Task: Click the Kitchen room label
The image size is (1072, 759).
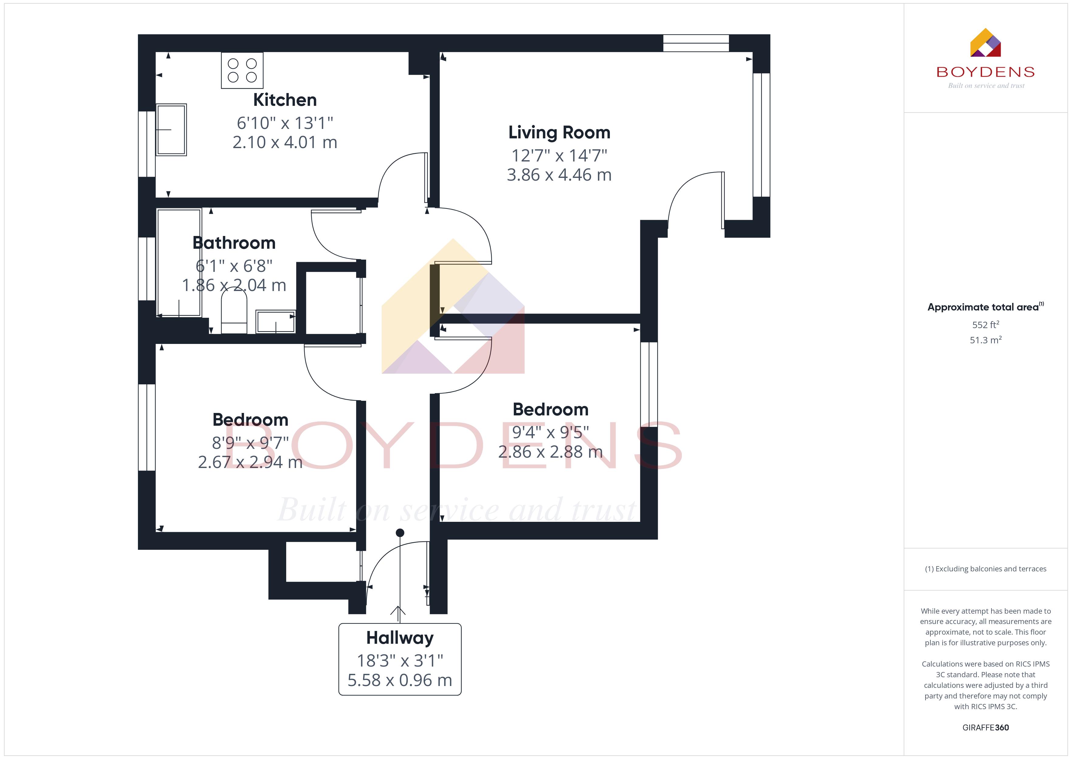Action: (x=285, y=100)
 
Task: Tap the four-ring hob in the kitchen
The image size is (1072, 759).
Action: (x=242, y=70)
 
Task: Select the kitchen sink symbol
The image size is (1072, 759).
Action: (x=171, y=130)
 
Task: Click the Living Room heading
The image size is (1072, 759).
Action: (x=559, y=133)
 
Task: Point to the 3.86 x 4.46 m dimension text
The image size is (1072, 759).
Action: (x=559, y=175)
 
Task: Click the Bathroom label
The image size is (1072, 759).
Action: (x=234, y=243)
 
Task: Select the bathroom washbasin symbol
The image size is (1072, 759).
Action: (x=276, y=321)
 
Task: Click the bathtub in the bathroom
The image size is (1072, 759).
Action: (x=179, y=263)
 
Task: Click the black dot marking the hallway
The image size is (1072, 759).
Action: (x=400, y=533)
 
